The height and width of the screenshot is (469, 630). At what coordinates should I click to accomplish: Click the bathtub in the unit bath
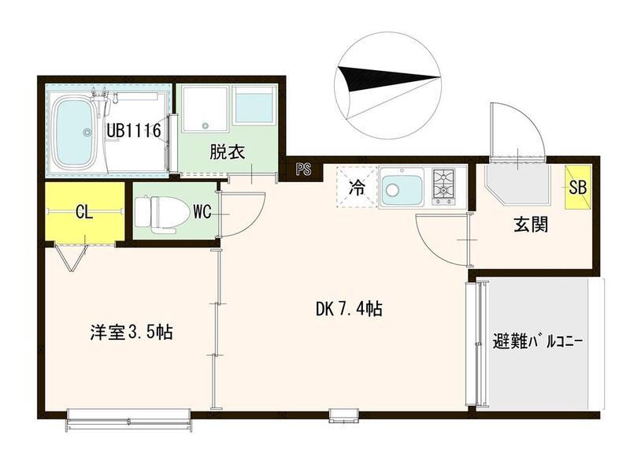(80, 132)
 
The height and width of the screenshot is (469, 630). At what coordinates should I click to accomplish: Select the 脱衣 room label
(228, 151)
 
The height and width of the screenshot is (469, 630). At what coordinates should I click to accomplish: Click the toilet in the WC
(155, 212)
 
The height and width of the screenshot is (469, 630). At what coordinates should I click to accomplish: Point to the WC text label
(202, 211)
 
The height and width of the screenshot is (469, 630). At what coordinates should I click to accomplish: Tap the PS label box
(304, 168)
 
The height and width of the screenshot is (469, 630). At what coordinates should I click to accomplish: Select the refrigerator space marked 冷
(356, 188)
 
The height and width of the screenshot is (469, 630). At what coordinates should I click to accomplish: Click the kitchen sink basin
(402, 188)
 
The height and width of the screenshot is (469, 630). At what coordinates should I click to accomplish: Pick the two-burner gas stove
(445, 187)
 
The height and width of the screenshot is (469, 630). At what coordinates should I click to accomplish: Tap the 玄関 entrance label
(532, 225)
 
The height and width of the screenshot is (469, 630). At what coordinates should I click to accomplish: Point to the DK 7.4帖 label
(349, 310)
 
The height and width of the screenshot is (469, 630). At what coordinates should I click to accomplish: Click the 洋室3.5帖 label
(130, 333)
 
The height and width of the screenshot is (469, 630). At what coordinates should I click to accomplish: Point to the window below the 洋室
(129, 417)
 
